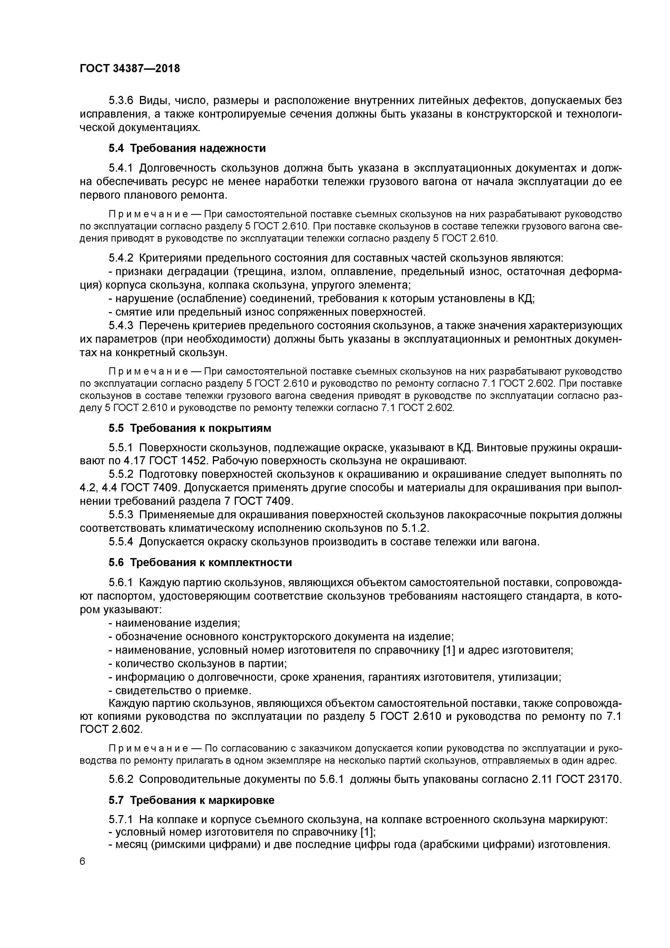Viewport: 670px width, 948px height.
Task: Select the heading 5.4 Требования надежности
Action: [187, 148]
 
